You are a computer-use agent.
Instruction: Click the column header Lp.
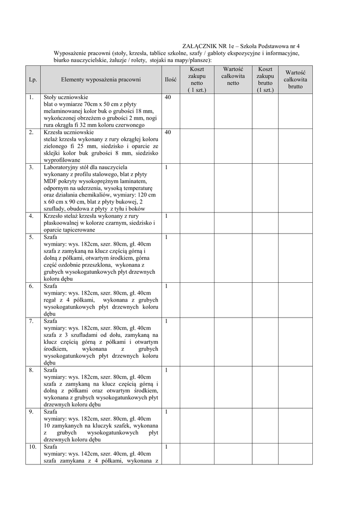[x=33, y=79]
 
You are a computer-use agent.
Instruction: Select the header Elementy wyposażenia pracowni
[x=101, y=79]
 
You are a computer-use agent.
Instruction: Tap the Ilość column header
[x=171, y=79]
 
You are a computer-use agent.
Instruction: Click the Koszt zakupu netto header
[x=197, y=79]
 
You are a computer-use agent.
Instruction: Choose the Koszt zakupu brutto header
[x=265, y=79]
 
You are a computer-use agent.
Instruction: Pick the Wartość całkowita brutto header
[x=295, y=79]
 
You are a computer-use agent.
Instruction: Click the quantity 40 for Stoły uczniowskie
[x=168, y=98]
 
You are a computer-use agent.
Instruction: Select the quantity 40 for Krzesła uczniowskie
[x=168, y=132]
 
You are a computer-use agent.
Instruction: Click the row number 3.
[x=31, y=167]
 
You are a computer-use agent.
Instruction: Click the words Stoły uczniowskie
[x=66, y=98]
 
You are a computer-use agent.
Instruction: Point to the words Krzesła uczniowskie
[x=69, y=132]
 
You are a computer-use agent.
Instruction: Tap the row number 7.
[x=31, y=321]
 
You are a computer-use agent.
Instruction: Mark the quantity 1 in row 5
[x=166, y=237]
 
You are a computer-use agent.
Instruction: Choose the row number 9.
[x=31, y=412]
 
